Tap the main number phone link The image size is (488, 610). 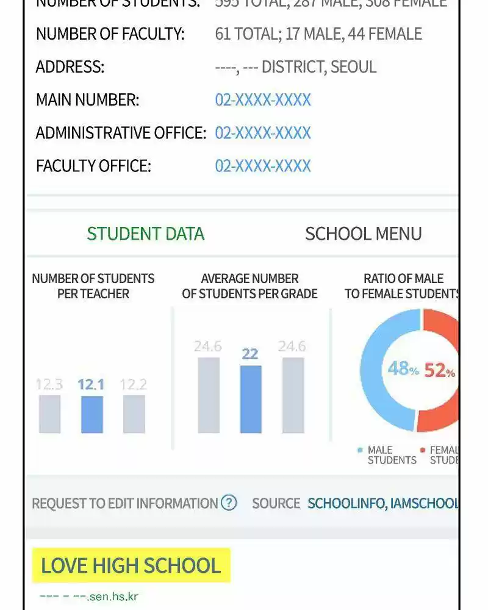(263, 100)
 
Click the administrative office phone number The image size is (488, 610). (263, 133)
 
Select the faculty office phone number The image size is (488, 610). (263, 166)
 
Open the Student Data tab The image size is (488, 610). (145, 234)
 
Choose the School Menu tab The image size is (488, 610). (363, 234)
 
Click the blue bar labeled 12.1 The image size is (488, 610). (91, 414)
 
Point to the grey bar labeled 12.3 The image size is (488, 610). (49, 414)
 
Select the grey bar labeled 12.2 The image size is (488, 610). (134, 414)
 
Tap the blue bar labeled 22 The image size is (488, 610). (250, 399)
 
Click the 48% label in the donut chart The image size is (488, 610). (403, 369)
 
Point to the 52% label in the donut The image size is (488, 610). (439, 370)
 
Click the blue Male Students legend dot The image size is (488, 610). (360, 451)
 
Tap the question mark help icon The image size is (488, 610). (229, 503)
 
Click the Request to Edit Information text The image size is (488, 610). (125, 504)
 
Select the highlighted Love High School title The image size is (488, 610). (131, 565)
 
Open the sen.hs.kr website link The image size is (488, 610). (88, 597)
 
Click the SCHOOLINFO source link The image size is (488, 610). (345, 504)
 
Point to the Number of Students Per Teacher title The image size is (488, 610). (93, 286)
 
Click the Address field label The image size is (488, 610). (70, 67)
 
